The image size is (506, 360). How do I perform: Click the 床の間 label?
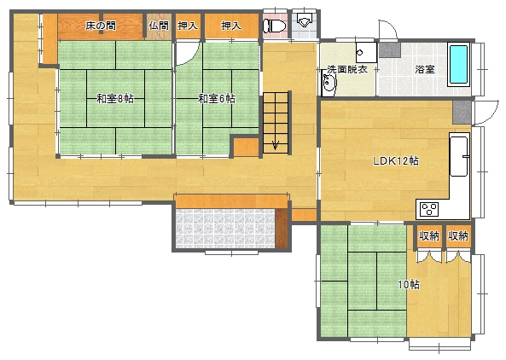(x=101, y=26)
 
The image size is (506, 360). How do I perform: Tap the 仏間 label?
(x=159, y=26)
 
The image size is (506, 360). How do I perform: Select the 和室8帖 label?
(x=115, y=98)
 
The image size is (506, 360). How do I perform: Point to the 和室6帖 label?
(x=216, y=98)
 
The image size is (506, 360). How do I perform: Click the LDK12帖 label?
(x=396, y=160)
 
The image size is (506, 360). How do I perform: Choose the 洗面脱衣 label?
(x=347, y=69)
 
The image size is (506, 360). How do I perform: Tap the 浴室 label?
(x=425, y=69)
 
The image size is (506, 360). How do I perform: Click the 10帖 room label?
(x=409, y=285)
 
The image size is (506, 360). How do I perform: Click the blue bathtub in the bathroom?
(x=458, y=64)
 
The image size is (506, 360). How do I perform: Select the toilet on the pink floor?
(x=274, y=26)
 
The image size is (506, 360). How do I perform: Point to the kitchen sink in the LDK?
(x=459, y=156)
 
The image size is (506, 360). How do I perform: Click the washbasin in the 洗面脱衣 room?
(x=329, y=84)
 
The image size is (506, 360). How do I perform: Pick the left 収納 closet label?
(x=429, y=236)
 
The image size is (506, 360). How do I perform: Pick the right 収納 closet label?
(x=458, y=236)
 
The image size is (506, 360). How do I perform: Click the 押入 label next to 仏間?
(x=188, y=26)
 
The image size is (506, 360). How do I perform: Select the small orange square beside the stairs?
(x=247, y=147)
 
